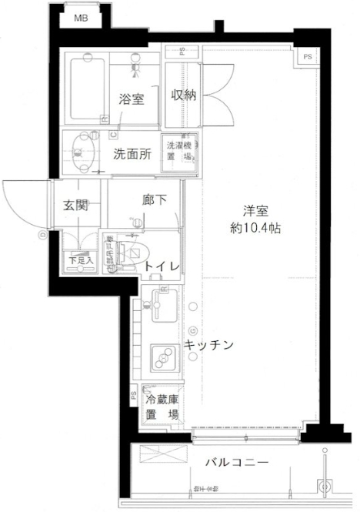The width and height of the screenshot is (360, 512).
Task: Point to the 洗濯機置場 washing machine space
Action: pyautogui.click(x=178, y=150)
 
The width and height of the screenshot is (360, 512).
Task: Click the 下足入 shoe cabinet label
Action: pyautogui.click(x=81, y=261)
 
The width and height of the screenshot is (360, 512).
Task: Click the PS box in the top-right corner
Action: pyautogui.click(x=308, y=57)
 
